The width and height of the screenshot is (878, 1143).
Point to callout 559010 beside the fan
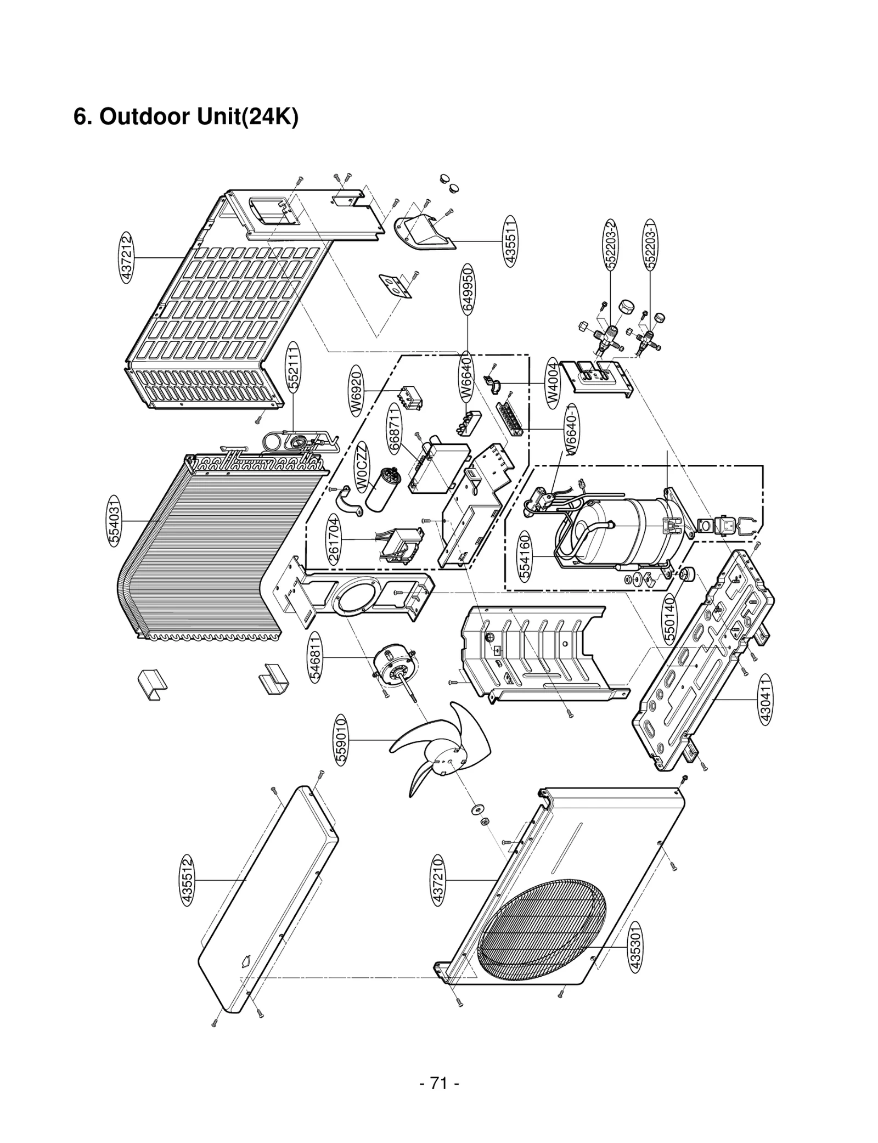click(341, 740)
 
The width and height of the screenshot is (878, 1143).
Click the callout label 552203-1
click(651, 245)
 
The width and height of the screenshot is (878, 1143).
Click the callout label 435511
click(510, 241)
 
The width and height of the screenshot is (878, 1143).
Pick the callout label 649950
click(468, 289)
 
